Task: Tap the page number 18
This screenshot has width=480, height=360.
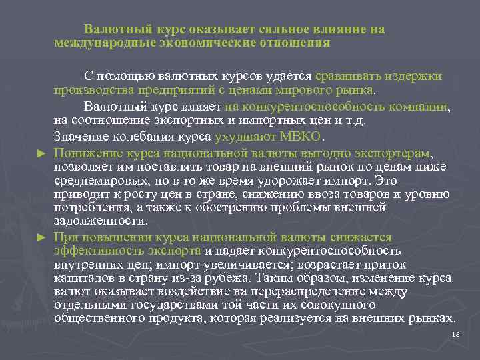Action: tap(456, 334)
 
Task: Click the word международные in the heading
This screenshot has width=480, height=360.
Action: tap(105, 43)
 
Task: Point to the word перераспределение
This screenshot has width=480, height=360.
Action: tap(318, 291)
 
